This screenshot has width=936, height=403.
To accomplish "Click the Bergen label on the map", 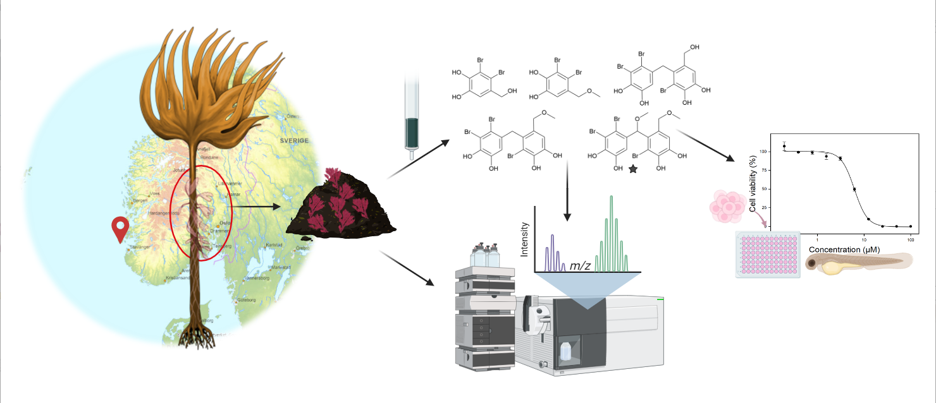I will click(140, 200).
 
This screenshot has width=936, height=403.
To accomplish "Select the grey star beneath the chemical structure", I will click(632, 169).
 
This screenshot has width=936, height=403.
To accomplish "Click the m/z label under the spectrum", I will click(580, 265).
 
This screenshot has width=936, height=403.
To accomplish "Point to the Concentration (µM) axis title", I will click(844, 250).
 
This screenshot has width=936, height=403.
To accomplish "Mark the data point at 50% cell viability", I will click(854, 189).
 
